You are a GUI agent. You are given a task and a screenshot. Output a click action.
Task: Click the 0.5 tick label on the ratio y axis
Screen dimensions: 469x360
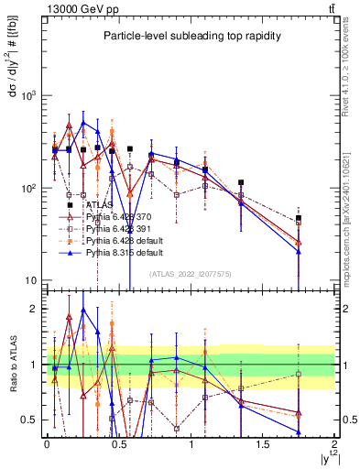[x=29, y=420]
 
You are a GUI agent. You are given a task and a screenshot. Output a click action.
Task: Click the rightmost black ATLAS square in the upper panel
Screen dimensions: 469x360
[x=299, y=218]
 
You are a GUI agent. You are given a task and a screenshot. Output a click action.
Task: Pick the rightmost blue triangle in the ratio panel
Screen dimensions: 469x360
[x=299, y=432]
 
